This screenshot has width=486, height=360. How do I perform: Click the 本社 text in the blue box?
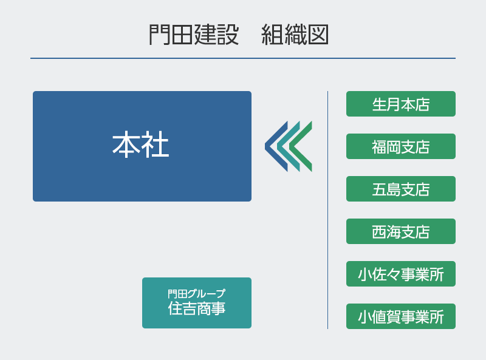click(141, 146)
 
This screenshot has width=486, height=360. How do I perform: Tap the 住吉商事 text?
click(196, 308)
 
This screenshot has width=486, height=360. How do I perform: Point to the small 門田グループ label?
click(196, 294)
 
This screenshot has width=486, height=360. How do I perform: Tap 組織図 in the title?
click(295, 35)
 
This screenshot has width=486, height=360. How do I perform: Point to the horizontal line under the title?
click(243, 58)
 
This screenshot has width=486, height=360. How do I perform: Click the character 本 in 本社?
click(126, 146)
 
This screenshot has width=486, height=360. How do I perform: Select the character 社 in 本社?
click(156, 146)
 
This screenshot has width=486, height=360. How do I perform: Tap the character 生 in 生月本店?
click(380, 104)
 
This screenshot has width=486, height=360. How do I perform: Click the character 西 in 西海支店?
click(380, 232)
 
